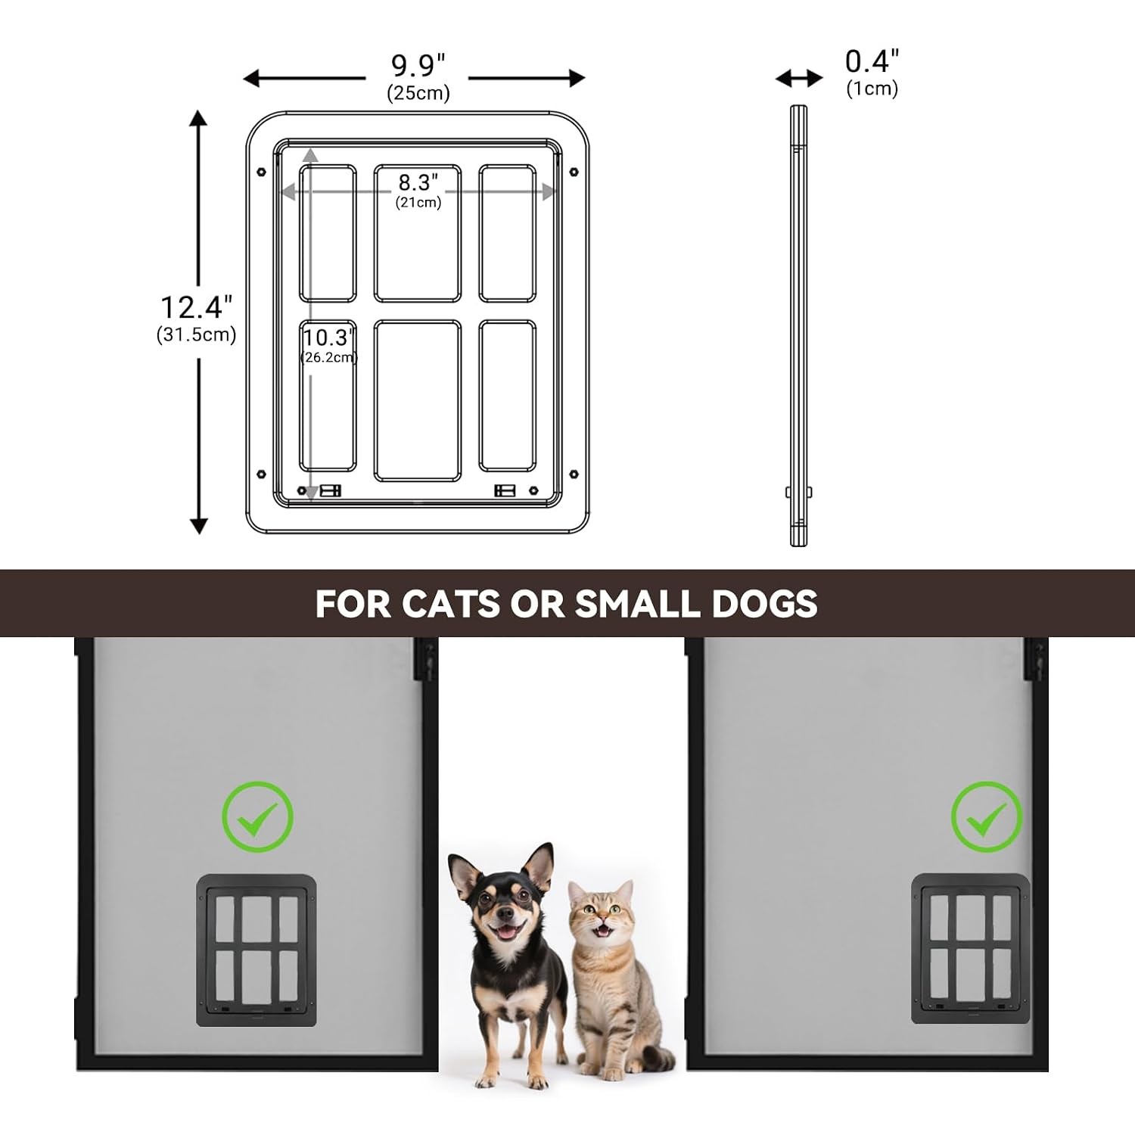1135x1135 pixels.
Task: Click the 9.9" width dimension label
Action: click(418, 66)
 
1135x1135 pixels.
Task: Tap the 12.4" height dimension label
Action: click(196, 307)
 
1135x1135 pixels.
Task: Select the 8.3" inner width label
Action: click(418, 182)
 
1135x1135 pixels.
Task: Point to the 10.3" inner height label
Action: click(328, 337)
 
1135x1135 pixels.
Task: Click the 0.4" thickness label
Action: click(872, 61)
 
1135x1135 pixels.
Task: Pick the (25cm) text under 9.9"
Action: click(418, 93)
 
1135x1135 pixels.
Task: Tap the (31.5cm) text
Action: click(196, 334)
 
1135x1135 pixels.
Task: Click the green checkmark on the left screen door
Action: click(257, 817)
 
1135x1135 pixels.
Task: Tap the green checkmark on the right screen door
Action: click(987, 817)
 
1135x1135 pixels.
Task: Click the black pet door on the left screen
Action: click(257, 950)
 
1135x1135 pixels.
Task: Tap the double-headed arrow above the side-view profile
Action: click(799, 78)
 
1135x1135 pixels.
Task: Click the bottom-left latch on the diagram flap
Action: click(330, 491)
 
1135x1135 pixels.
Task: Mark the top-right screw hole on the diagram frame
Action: click(574, 173)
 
